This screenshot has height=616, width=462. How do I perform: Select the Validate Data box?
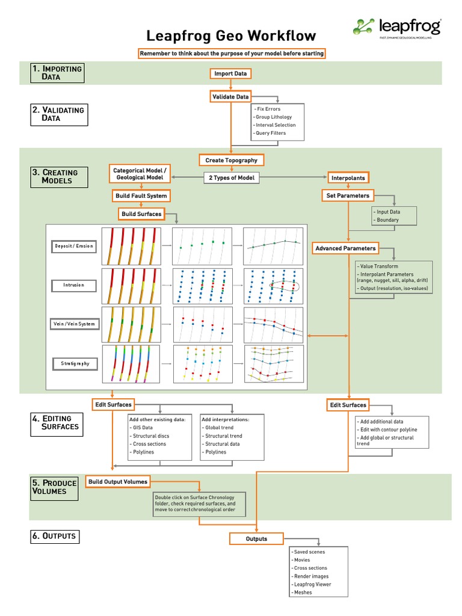230,96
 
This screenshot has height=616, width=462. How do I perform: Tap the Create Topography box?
231,160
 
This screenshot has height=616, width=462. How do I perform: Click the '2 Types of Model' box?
232,177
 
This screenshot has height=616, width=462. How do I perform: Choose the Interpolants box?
348,177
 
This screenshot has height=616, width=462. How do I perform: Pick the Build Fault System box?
141,196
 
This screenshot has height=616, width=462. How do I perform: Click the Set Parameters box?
348,196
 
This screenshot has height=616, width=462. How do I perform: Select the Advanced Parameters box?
345,248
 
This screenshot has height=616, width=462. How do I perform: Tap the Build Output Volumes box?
117,481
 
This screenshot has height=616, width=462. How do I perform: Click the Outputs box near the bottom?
256,538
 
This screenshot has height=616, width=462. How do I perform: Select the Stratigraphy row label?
75,363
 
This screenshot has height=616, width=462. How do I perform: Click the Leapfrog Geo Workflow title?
231,36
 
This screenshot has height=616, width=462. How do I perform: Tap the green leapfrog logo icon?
363,27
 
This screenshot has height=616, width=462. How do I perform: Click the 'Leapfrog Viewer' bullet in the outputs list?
312,584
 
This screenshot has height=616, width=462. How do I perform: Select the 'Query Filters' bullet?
270,133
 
